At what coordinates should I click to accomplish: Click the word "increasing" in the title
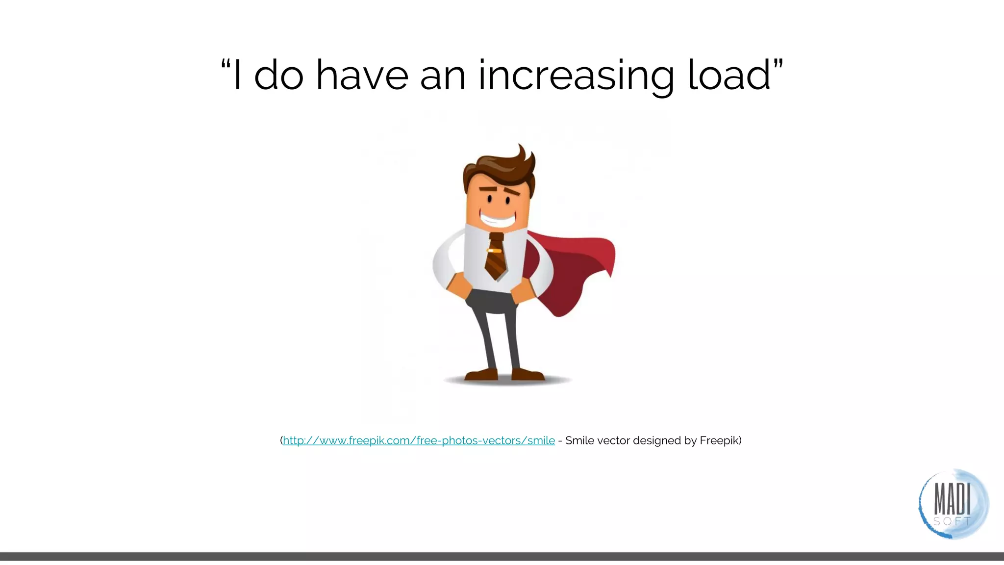click(577, 76)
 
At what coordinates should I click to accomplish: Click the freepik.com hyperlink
click(419, 440)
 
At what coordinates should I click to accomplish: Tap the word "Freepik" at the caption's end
click(719, 440)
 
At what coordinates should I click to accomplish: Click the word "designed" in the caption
click(656, 440)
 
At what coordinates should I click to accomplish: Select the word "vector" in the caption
click(613, 440)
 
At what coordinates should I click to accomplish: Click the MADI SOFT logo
click(953, 504)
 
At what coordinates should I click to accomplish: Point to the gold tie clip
click(494, 251)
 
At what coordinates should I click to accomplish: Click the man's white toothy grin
click(497, 218)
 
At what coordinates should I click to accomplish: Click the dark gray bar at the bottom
click(502, 556)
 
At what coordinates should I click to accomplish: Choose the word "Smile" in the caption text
click(579, 440)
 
